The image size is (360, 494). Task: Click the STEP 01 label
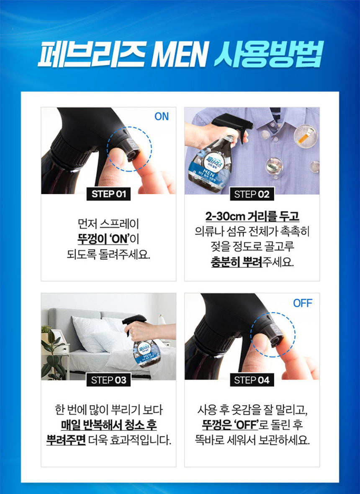(108, 194)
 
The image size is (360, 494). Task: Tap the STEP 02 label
(252, 194)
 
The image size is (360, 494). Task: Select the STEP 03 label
(108, 380)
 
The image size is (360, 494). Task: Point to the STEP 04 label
(252, 380)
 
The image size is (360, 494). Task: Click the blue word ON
(162, 116)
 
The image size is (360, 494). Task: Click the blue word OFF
(303, 303)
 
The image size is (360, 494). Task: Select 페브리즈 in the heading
(92, 56)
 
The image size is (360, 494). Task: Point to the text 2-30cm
(226, 217)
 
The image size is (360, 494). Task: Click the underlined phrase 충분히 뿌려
(237, 262)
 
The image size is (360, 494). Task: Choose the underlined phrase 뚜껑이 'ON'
(103, 239)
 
